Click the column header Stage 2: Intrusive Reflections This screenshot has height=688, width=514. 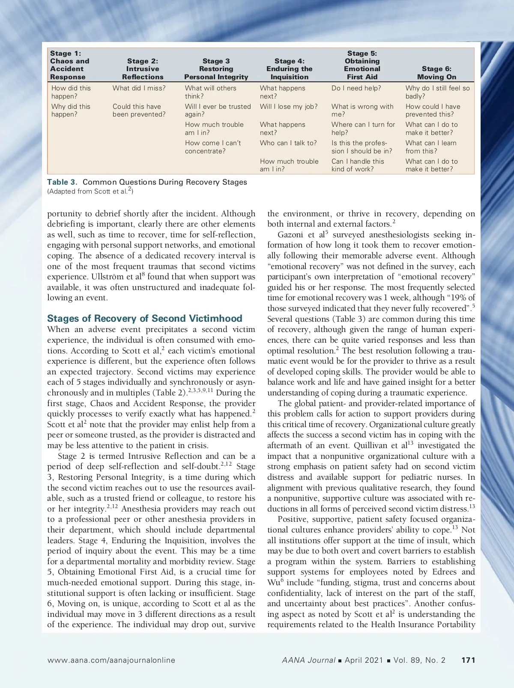[143, 69]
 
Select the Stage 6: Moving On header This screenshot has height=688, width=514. [436, 73]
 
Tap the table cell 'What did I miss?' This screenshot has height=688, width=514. [139, 88]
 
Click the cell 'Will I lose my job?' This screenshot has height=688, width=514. [289, 106]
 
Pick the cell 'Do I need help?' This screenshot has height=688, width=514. [356, 88]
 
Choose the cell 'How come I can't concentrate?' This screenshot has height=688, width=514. [213, 147]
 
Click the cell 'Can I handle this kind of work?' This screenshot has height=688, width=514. [358, 165]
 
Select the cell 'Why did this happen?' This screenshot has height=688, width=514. [71, 110]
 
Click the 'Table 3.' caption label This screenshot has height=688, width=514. [62, 182]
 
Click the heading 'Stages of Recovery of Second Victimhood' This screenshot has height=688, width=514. [145, 318]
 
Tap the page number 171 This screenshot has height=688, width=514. [468, 660]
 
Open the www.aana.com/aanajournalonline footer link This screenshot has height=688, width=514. [111, 660]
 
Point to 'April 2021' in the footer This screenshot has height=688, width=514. [364, 660]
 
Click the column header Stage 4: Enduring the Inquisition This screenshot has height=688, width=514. [289, 69]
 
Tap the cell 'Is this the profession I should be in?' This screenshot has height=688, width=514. [362, 147]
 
